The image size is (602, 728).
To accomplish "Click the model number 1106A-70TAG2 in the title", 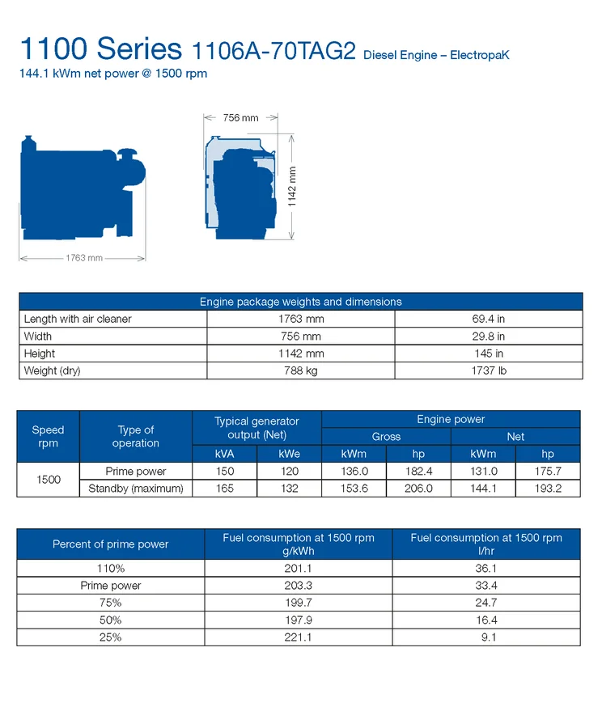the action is (273, 52).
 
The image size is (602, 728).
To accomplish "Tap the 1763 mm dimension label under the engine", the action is (84, 258).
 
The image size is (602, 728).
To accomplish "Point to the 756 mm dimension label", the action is (240, 118).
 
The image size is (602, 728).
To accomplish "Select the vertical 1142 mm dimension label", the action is (293, 187).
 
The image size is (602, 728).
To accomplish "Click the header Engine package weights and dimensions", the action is (300, 302).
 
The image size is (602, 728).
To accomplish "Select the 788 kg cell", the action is (300, 371).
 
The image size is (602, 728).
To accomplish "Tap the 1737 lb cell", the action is (488, 371).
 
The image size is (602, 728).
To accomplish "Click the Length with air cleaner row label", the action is (78, 320).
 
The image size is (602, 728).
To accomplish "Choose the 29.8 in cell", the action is (488, 336).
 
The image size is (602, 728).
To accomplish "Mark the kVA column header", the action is (225, 454).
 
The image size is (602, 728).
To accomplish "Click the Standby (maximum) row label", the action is (136, 489).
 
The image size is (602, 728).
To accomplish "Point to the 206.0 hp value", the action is (418, 489).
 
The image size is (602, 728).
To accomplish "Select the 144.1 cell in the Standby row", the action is (483, 489).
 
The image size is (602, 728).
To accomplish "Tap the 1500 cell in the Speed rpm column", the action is (49, 480).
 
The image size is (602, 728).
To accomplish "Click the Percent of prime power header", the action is (110, 544).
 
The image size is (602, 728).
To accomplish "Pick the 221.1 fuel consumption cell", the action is (299, 637).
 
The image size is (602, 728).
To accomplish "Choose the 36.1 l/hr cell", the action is (486, 569).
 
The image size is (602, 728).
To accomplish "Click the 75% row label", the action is (110, 603).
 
